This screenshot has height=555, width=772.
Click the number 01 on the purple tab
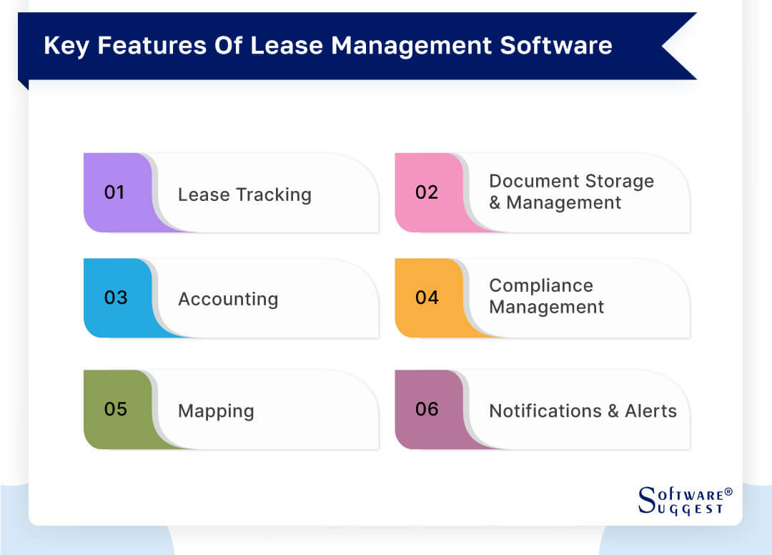114,192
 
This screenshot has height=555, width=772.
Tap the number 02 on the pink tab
427,192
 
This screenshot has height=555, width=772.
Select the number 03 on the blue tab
116,298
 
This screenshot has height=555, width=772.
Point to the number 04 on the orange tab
427,298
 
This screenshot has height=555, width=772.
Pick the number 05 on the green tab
116,409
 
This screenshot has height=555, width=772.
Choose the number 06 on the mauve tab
427,409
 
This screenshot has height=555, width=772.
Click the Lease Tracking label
244,195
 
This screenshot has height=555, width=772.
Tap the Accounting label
228,299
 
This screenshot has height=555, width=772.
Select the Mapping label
216,411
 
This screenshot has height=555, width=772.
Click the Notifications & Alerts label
583,411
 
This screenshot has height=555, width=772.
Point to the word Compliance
541,286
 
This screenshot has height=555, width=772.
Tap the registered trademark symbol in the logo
728,492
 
